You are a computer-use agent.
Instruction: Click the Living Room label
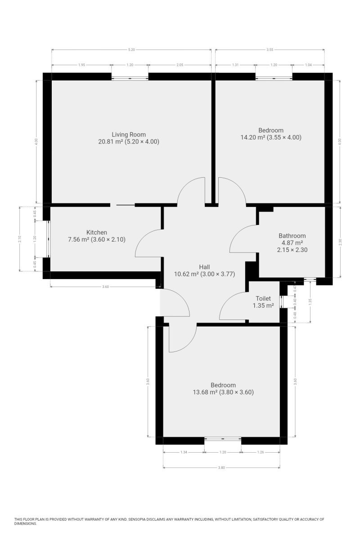tap(129, 135)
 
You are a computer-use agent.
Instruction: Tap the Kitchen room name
tap(96, 232)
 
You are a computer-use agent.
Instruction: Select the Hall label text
tap(204, 267)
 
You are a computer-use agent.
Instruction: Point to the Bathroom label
tap(292, 236)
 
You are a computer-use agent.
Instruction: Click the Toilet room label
tap(263, 298)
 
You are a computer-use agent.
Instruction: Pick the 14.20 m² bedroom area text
tap(253, 137)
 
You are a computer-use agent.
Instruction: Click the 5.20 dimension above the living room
tap(131, 49)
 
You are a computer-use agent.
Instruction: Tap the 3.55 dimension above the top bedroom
tap(270, 49)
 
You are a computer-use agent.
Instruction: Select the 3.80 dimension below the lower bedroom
tap(221, 468)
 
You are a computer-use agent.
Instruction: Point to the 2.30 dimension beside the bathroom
tap(340, 242)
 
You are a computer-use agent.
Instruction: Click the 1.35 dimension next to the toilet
tap(310, 301)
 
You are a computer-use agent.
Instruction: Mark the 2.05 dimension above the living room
tap(180, 65)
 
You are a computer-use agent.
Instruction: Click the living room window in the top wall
tap(130, 78)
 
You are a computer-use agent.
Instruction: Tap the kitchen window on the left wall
tap(49, 239)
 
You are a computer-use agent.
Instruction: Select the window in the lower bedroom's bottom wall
tap(223, 438)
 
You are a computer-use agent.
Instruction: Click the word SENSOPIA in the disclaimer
tap(139, 519)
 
